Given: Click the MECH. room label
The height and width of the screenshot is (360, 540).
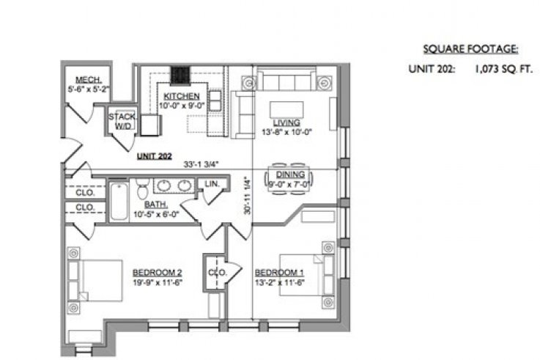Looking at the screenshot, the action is (x=89, y=80).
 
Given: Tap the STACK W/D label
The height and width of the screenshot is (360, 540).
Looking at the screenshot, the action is (x=122, y=121).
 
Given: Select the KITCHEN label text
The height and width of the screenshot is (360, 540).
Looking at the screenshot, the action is (x=182, y=96).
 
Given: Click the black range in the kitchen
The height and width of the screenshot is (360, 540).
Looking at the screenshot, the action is (x=180, y=75).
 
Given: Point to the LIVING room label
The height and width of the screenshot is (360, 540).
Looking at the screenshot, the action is (x=286, y=122).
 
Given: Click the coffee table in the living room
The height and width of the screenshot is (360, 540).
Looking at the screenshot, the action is (x=286, y=110).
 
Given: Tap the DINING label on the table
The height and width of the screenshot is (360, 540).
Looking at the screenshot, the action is (x=290, y=175).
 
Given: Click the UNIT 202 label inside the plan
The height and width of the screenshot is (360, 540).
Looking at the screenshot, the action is (x=155, y=156).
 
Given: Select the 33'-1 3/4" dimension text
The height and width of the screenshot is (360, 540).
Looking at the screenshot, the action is (x=201, y=164).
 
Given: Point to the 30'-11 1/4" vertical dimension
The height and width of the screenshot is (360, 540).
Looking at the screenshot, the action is (x=247, y=195).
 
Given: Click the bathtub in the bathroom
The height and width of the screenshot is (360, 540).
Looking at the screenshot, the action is (x=119, y=202).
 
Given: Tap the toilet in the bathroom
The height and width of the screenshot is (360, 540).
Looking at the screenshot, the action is (x=142, y=188).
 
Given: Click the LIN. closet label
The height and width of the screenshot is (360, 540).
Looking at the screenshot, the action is (x=212, y=184).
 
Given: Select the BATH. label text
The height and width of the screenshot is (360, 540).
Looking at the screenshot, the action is (x=156, y=205).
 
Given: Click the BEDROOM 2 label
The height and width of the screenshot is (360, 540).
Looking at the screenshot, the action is (x=157, y=273).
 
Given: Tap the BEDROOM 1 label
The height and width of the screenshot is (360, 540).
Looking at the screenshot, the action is (x=279, y=273).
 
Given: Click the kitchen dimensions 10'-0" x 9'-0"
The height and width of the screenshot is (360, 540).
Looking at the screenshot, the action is (x=182, y=106).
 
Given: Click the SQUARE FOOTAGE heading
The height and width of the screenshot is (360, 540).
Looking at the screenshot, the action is (x=470, y=49).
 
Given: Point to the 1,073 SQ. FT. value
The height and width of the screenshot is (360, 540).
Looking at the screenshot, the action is (x=504, y=69).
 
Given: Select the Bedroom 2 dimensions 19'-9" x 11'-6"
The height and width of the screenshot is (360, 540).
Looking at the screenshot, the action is (x=158, y=282).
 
